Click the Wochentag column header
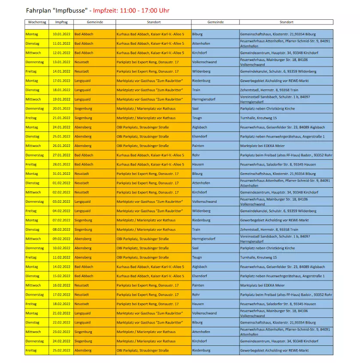click(36, 22)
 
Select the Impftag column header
click(61, 22)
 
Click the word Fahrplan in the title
click(39, 10)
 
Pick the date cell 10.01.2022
click(61, 34)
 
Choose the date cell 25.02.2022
click(61, 351)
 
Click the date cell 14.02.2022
click(61, 267)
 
